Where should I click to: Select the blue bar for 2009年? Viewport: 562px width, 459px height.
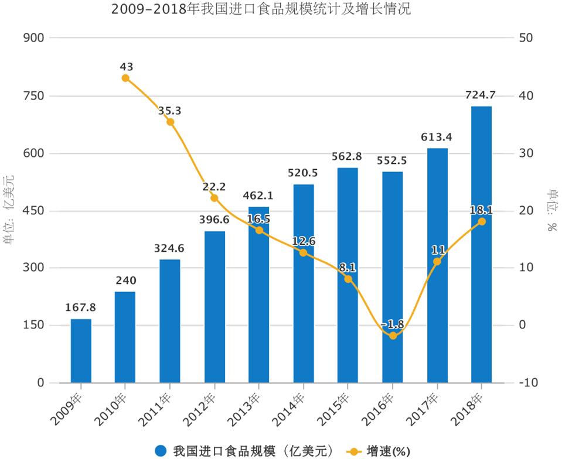coord(81,351)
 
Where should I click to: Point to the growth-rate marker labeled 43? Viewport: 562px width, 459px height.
coord(125,78)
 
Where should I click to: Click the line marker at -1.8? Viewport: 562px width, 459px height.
coord(393,335)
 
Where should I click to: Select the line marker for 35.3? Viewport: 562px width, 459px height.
coord(170,122)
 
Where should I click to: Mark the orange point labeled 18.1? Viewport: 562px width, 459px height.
coord(482,221)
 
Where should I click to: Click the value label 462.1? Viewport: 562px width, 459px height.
coord(258,196)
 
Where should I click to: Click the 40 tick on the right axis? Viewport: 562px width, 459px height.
coord(526,96)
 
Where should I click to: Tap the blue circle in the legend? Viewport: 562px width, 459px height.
coord(162,450)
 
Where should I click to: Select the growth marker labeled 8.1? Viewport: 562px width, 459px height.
coord(348,279)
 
